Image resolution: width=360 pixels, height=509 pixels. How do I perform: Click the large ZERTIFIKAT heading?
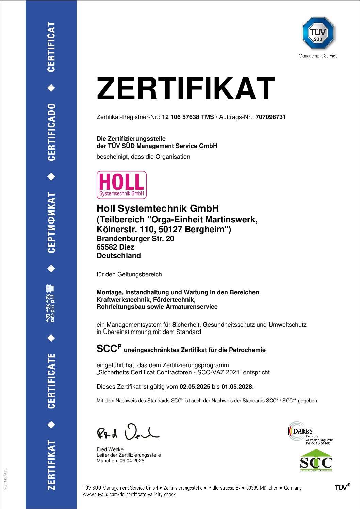185,88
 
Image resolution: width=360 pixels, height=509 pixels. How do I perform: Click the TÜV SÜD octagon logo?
318,33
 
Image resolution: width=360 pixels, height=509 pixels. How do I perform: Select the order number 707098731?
271,117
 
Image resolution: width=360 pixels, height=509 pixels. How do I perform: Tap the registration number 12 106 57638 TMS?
188,117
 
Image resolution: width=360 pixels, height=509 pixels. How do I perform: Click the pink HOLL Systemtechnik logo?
121,185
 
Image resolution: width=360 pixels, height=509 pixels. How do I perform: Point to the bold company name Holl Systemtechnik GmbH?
158,208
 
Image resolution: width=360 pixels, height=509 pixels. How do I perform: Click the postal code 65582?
107,247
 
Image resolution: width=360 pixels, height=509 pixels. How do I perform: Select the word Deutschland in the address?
119,256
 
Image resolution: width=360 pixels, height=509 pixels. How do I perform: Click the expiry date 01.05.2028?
237,387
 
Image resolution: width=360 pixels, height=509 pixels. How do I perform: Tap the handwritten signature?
128,432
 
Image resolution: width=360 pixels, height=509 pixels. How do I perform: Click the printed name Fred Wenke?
110,449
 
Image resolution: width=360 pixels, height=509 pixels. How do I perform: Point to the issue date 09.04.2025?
132,461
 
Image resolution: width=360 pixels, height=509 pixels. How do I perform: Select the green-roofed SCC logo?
316,461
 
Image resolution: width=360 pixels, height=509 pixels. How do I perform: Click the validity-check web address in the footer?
129,495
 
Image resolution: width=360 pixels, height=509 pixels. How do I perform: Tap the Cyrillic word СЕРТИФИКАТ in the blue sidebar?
51,222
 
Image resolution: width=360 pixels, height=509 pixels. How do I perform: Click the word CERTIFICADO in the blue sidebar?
51,132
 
